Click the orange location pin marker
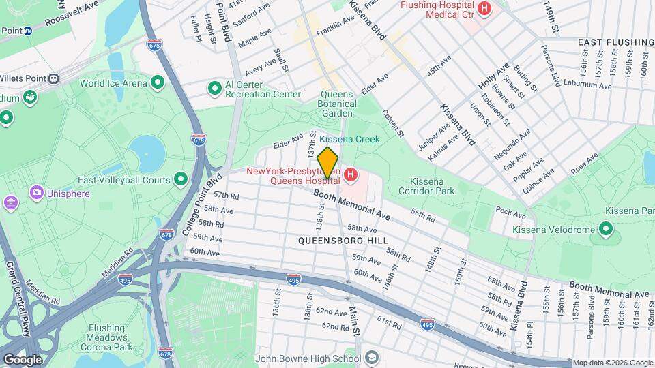pos(327,163)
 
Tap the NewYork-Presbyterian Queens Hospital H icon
pos(351,176)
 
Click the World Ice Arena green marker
pos(158,83)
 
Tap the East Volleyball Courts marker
pos(181,180)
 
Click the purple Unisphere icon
pos(36,193)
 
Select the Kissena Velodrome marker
pos(605,228)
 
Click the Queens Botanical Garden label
pos(338,104)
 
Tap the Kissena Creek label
pos(349,139)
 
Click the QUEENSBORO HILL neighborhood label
pos(343,241)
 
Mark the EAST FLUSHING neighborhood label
pos(615,42)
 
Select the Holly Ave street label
pos(494,76)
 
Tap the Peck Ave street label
pos(510,213)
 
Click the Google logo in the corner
pos(23,359)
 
